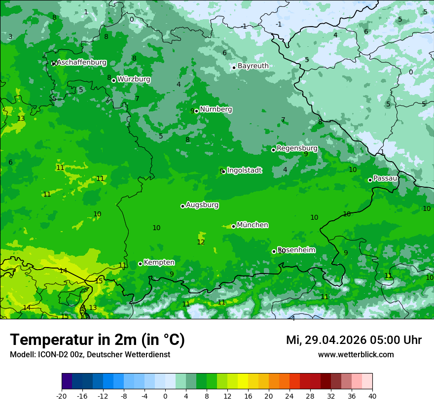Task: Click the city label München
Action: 253,225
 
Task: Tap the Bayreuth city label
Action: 253,66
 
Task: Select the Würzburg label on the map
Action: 134,79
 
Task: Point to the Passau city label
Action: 385,178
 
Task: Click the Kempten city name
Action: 159,263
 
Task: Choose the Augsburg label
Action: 202,205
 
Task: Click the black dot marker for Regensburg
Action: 274,150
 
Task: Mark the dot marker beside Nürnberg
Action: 196,111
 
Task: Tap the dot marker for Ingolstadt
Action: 224,171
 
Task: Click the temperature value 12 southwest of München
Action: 201,242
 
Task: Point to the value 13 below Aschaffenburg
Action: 21,119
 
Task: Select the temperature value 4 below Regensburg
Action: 285,170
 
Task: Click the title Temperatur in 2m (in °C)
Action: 97,340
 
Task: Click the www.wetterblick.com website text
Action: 356,355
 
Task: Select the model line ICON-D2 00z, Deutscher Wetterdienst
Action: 90,355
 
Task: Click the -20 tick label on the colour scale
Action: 62,396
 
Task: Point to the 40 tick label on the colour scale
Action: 372,396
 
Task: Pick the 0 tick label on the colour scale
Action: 165,396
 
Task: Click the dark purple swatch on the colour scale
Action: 67,381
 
